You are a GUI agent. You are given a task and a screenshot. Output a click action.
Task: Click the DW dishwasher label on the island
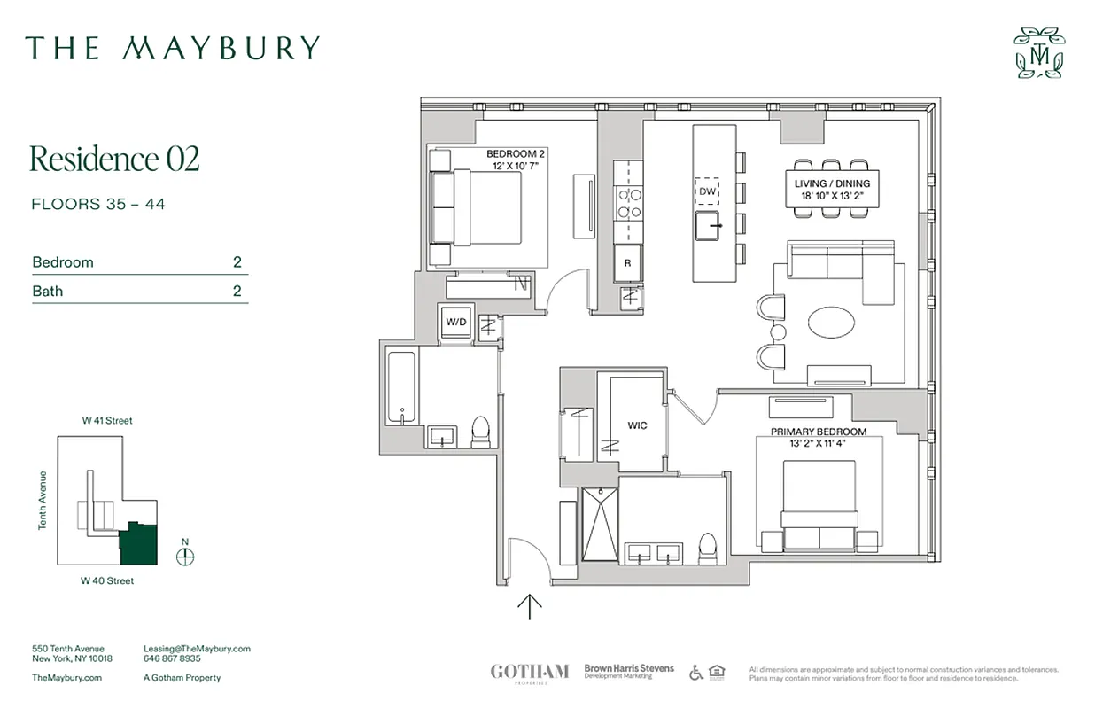click(707, 191)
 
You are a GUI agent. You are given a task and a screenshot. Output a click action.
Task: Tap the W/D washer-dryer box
click(455, 322)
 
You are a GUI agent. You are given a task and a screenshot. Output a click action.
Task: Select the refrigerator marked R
click(628, 262)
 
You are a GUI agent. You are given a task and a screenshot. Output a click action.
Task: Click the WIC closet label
click(638, 425)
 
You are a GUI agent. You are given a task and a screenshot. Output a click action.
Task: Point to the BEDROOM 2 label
click(516, 153)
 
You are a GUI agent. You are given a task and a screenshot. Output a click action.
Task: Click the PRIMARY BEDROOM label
click(818, 432)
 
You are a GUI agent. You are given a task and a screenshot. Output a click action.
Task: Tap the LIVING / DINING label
click(832, 183)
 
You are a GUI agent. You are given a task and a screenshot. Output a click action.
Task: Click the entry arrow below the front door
click(530, 606)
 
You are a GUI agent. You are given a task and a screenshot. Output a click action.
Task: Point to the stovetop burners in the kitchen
click(629, 203)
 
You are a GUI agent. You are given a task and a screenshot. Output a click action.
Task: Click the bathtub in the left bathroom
click(402, 390)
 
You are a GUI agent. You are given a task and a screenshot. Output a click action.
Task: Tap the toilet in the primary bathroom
click(706, 549)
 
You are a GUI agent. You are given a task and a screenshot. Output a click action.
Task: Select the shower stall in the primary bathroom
click(599, 524)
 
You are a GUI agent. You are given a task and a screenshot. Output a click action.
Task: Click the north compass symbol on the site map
click(185, 557)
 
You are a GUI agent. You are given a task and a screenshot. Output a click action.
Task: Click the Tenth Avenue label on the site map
click(42, 501)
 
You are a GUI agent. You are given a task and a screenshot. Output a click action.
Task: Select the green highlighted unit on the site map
click(139, 543)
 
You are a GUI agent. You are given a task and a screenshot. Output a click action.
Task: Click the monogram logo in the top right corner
click(1039, 53)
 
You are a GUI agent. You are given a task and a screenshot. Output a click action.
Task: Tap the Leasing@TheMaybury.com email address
click(197, 649)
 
